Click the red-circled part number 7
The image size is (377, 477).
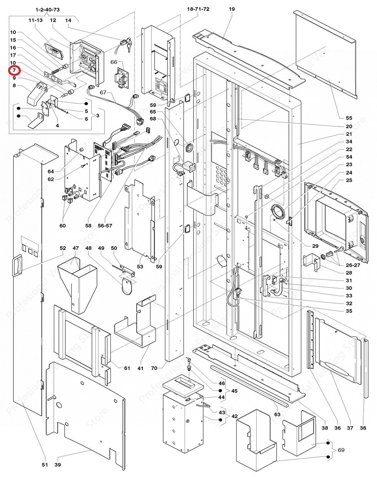coord(14,70)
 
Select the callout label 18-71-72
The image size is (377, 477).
coord(198,9)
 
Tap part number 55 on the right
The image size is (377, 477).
coord(349,118)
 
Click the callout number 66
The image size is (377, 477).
coord(114,62)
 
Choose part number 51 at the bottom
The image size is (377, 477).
coord(45,465)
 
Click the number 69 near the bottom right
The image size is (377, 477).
coord(341,450)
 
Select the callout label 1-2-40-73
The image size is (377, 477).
coord(47,9)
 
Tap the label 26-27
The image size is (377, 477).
coord(353,265)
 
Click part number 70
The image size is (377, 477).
coord(154,368)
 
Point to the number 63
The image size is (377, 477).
coord(277,414)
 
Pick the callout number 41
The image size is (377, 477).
coord(140,368)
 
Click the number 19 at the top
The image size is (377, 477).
coord(232,9)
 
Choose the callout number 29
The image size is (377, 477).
coord(315,246)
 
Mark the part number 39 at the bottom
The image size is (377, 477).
coord(57,465)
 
